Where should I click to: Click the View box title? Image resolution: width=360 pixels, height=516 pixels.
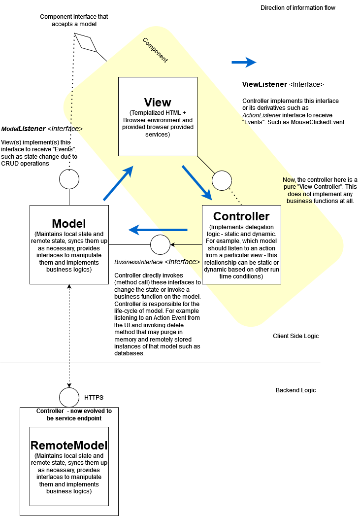click(158, 102)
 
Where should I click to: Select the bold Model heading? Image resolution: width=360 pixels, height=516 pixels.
click(69, 223)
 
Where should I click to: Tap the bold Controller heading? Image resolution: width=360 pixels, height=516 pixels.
click(241, 216)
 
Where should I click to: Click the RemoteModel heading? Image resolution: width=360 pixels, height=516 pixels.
click(69, 446)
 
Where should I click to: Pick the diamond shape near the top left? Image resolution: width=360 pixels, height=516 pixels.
click(86, 43)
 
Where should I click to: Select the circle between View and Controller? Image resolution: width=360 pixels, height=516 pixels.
click(222, 180)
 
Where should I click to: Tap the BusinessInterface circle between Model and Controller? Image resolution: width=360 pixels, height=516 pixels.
click(160, 245)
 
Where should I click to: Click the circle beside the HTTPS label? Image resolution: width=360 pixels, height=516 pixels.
click(69, 397)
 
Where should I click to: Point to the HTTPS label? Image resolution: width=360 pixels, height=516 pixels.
click(94, 397)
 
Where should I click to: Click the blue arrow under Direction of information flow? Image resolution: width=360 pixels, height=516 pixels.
click(244, 62)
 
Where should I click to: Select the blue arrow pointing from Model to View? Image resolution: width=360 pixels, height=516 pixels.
click(119, 183)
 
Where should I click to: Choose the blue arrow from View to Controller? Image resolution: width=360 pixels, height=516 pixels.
click(197, 183)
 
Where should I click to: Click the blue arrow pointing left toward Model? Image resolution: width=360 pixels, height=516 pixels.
click(158, 230)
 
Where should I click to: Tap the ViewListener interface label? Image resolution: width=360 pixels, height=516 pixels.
click(283, 84)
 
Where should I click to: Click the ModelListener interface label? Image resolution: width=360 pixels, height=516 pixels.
click(42, 129)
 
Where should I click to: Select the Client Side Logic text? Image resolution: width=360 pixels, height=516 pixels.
click(295, 336)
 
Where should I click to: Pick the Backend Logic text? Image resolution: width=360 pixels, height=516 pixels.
click(295, 390)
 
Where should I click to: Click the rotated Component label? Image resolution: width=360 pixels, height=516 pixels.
click(155, 50)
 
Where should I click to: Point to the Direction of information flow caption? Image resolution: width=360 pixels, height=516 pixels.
click(298, 8)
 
